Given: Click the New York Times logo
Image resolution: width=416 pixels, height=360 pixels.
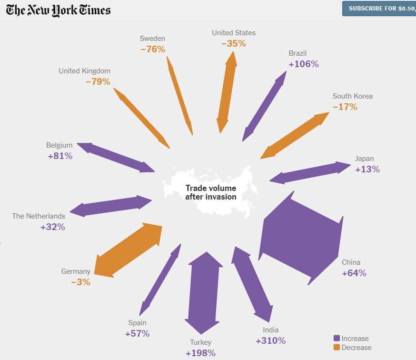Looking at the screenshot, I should click(59, 10).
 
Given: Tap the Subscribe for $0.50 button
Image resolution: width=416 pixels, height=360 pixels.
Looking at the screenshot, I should click(379, 8).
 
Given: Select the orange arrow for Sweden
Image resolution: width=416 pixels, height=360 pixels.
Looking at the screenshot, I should click(180, 96).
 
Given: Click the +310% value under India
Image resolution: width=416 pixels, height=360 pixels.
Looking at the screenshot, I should click(270, 340).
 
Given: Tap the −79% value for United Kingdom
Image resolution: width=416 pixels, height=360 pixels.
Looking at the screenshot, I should click(98, 81).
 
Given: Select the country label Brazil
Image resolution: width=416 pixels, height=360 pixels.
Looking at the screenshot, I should click(297, 53).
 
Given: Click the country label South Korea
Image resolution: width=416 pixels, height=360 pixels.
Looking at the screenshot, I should click(352, 96).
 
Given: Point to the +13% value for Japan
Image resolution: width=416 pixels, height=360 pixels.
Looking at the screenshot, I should click(367, 169).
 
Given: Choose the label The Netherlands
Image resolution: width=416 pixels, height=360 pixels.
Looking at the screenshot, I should click(39, 216).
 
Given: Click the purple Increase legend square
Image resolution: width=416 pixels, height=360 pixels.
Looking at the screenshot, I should click(337, 339).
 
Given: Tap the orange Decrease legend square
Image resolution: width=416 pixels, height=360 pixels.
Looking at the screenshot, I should click(337, 348).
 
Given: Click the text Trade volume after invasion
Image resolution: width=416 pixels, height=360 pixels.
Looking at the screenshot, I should click(210, 192).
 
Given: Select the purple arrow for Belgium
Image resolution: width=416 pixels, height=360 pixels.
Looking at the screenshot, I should click(116, 157).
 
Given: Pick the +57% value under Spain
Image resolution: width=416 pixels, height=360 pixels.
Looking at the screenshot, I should click(137, 333).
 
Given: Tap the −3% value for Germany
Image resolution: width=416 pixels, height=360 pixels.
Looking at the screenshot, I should click(80, 282).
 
